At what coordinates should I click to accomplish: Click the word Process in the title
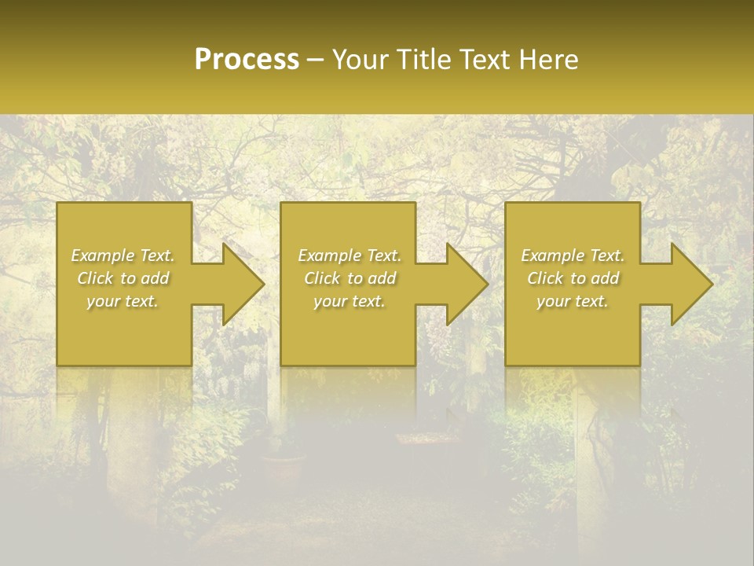[247, 60]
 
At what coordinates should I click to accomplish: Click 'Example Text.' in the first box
[123, 255]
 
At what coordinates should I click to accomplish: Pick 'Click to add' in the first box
[123, 278]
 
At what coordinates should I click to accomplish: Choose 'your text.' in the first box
[123, 301]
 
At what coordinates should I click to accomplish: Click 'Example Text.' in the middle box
[350, 255]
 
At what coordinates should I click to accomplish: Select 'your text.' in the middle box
[350, 301]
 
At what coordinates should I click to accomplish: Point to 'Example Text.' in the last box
[573, 255]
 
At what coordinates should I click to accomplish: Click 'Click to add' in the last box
[573, 278]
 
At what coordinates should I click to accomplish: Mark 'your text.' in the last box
[573, 301]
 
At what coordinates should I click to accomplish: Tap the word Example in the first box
[103, 255]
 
